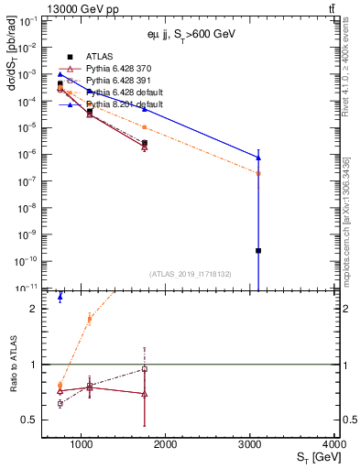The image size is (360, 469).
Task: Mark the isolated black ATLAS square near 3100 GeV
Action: coord(258,250)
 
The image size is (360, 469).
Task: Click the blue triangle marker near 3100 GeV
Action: coord(258,158)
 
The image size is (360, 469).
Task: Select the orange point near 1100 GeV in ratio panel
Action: coord(89,319)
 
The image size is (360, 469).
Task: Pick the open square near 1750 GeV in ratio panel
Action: coord(145,369)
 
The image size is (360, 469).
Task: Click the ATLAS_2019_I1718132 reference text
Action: coord(190,273)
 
